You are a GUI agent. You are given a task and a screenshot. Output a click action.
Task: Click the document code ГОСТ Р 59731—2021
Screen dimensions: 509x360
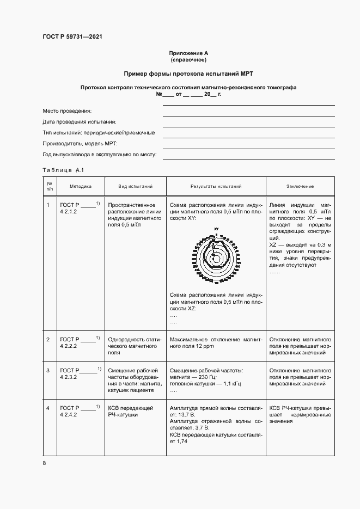pos(72,36)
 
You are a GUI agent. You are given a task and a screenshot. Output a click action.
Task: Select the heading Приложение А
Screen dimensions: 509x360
pos(188,53)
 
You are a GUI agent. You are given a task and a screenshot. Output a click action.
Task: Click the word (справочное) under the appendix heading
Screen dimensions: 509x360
pos(188,60)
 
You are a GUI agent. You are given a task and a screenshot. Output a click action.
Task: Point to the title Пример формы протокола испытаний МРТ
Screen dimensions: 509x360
pos(188,73)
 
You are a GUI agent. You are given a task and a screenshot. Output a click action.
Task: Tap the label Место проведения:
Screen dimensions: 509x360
pos(67,111)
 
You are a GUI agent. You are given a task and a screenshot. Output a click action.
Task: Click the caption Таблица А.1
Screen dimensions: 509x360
pos(62,170)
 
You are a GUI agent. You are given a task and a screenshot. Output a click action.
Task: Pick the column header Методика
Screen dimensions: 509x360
pos(80,186)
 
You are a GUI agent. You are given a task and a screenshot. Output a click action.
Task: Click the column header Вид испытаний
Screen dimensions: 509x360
pos(135,186)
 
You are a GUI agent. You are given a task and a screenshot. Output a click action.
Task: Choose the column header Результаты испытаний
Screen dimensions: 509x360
pos(216,186)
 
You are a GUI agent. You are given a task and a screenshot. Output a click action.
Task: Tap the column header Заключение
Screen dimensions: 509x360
pos(300,186)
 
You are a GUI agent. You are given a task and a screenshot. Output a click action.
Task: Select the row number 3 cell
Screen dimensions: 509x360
pos(48,371)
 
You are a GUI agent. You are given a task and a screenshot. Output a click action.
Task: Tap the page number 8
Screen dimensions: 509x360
pos(44,463)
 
